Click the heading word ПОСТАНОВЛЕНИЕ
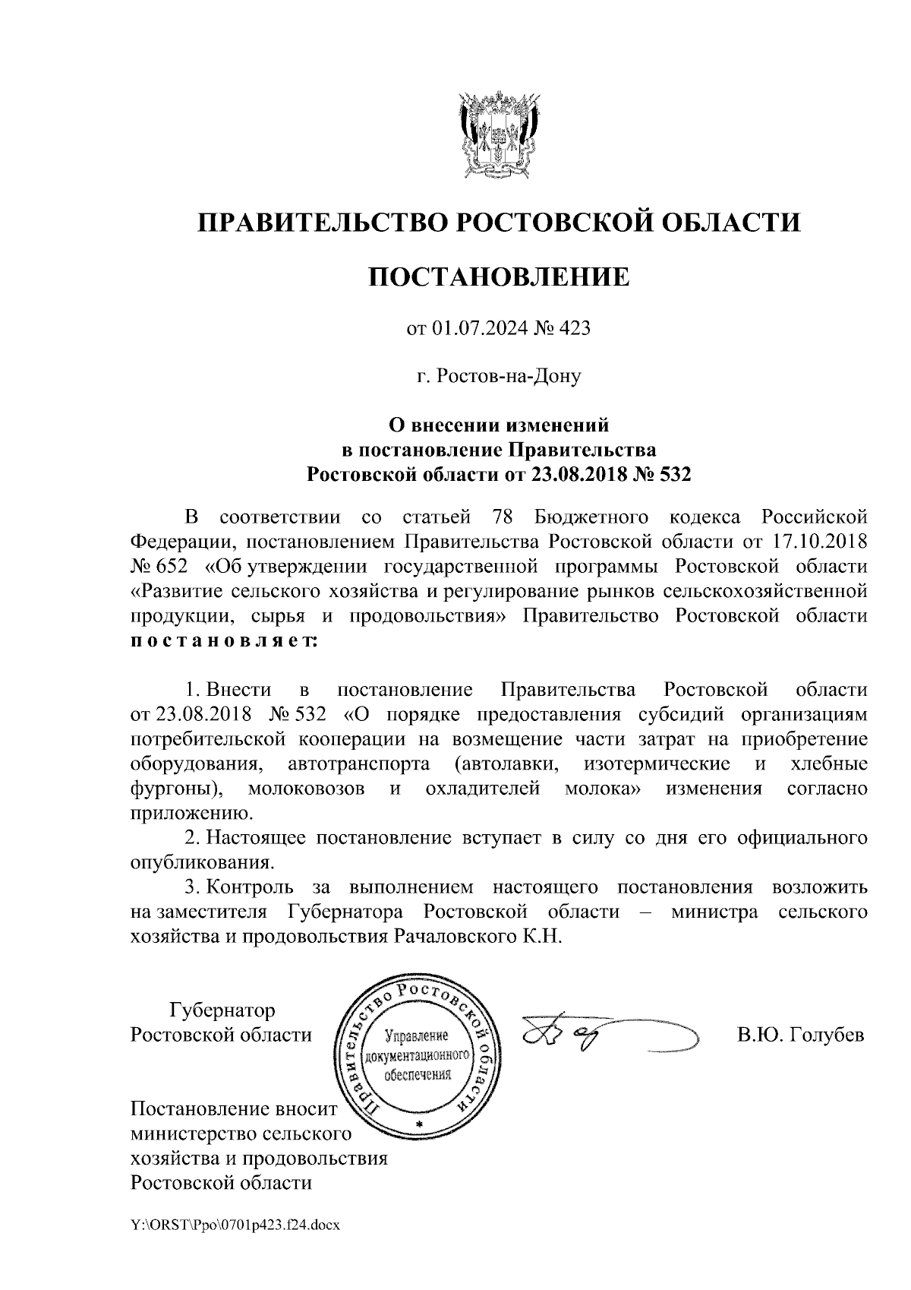point(499,277)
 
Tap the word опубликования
point(201,863)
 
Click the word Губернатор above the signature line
point(222,1010)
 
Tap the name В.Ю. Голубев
point(800,1034)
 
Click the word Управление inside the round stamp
point(418,1035)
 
